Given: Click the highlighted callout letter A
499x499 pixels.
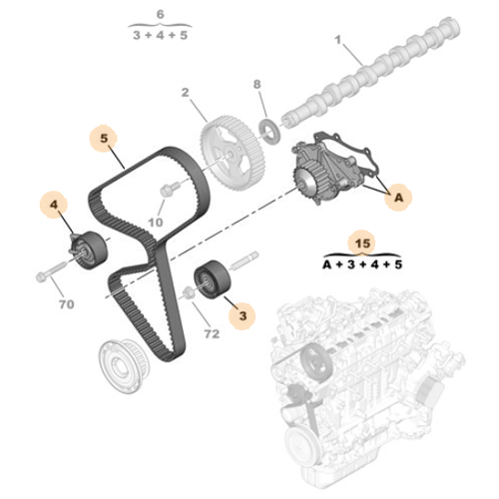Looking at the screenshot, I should click(397, 199).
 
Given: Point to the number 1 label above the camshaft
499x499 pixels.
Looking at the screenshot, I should click(337, 41).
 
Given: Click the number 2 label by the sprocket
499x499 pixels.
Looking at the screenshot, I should click(186, 93).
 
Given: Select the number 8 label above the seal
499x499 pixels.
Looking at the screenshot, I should click(256, 85).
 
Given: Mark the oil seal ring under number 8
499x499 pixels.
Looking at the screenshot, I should click(267, 127).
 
